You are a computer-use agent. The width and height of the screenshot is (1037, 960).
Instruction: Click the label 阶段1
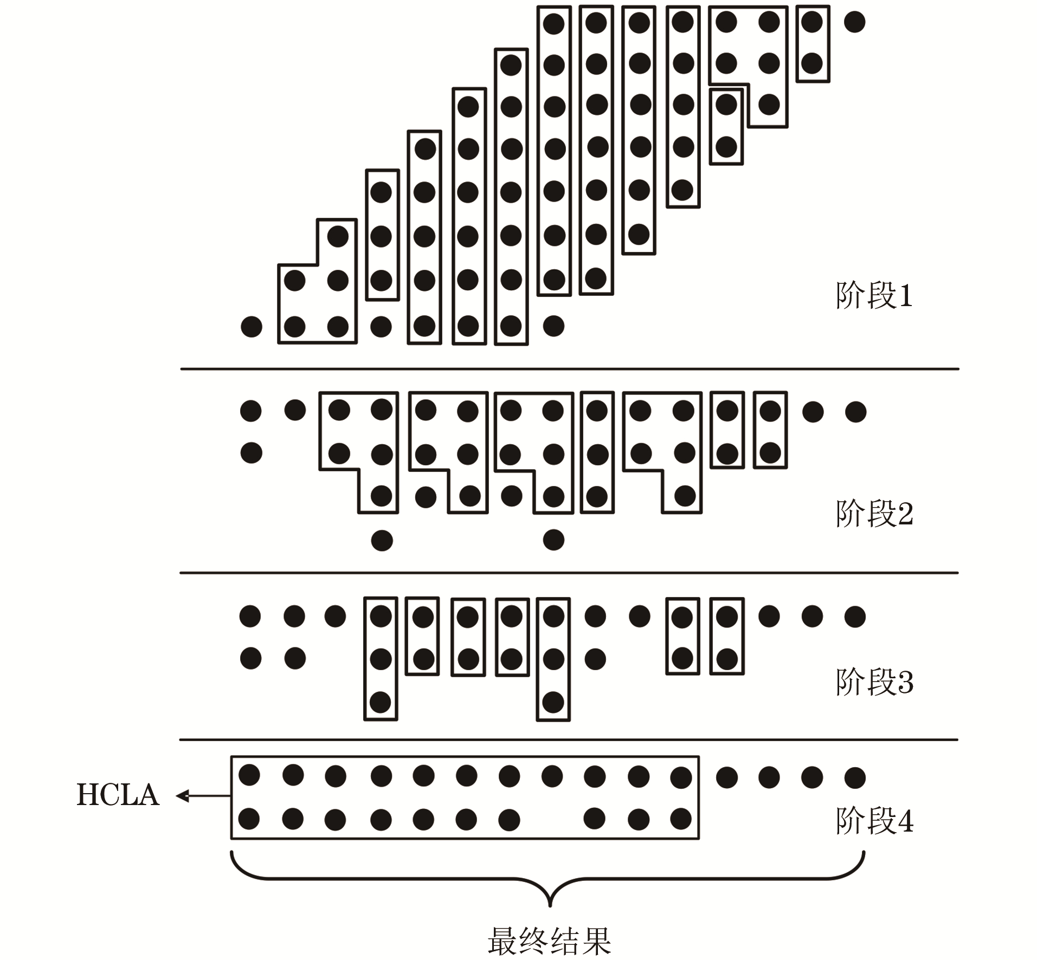pos(874,296)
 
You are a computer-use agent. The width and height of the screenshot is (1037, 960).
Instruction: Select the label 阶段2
pos(874,513)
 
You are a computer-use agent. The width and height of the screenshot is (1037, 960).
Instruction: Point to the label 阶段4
pos(874,821)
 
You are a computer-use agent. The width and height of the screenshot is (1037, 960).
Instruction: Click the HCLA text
pos(118,795)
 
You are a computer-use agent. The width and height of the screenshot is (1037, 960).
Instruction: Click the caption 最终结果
pos(549,942)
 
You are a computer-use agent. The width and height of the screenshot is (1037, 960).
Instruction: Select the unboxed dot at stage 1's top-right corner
pos(855,22)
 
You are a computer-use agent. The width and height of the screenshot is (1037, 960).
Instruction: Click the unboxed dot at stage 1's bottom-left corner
pos(251,327)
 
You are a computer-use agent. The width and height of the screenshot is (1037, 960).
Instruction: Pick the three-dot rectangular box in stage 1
pos(382,235)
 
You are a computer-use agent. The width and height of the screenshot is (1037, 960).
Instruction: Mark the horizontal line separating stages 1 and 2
pos(569,369)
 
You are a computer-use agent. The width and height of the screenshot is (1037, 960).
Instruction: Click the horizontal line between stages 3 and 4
pos(569,740)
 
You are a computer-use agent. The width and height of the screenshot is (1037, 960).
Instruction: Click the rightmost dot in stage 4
pos(855,777)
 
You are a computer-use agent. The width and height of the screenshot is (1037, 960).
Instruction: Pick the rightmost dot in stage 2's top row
pos(855,412)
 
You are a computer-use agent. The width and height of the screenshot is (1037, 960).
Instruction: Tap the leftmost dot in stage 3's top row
pos(250,616)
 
